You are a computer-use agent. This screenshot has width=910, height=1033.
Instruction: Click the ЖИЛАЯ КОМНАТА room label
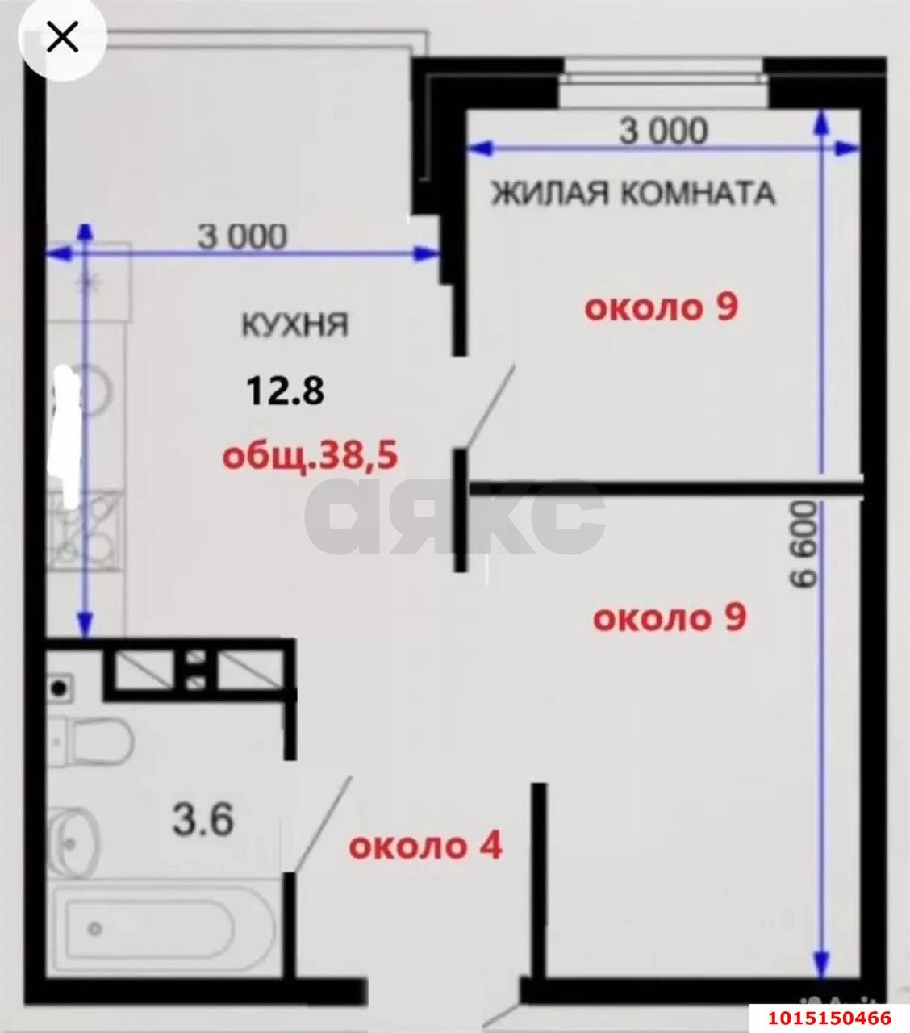click(632, 194)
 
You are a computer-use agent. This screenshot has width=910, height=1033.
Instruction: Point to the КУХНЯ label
click(294, 324)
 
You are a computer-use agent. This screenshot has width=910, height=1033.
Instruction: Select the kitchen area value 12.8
click(285, 391)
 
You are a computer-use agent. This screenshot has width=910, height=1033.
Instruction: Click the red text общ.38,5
click(310, 456)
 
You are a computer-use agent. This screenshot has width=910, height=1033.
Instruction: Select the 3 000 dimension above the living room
click(663, 131)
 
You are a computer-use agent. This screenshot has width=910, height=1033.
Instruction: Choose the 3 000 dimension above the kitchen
click(242, 237)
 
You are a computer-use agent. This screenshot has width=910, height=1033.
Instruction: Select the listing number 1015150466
click(829, 1018)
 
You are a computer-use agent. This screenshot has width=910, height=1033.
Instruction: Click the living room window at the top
click(664, 77)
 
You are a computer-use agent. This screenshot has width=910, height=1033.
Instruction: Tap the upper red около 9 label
click(662, 307)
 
